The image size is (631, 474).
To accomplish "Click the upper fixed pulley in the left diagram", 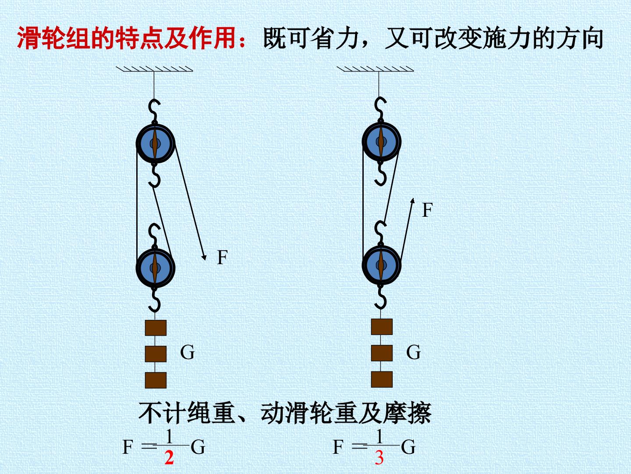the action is [155, 144].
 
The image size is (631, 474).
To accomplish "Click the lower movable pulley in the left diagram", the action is [155, 268].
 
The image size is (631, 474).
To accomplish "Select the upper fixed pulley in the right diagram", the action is [381, 141].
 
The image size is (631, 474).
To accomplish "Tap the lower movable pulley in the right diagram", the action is [381, 265].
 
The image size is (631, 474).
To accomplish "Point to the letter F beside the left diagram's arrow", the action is [222, 257].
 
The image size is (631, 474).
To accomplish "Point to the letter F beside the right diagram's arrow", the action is [428, 210].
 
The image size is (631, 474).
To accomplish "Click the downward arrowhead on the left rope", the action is [204, 257].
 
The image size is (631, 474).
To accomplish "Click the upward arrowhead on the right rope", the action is [412, 201].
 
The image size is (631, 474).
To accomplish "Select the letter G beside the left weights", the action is [188, 352].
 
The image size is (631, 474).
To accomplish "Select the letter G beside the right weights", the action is [413, 352].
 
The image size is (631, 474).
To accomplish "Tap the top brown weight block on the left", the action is [156, 328].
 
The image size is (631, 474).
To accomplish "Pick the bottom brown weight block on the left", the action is [156, 380].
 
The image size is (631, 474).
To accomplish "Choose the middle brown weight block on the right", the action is [382, 353].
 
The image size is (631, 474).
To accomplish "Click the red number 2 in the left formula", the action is [169, 458].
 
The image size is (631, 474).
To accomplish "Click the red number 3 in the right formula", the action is [379, 458].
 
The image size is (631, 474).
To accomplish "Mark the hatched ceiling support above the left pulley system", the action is [154, 69].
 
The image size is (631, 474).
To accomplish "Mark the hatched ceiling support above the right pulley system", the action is [375, 69].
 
